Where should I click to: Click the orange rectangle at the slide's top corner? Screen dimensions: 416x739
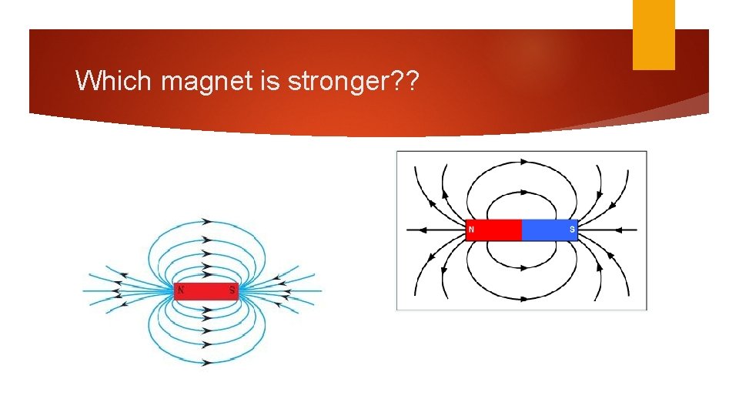tap(654, 35)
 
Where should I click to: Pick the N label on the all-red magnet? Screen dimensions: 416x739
tap(180, 290)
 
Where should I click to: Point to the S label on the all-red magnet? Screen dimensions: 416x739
tap(232, 290)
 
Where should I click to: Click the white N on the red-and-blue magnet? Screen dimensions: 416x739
tap(471, 230)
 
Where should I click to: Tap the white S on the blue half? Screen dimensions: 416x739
tap(572, 230)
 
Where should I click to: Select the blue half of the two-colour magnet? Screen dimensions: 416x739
tap(549, 230)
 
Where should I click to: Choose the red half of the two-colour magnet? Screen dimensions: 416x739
tap(494, 230)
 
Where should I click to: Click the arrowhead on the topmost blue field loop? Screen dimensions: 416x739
tap(207, 221)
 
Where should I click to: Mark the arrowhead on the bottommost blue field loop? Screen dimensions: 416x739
tap(207, 362)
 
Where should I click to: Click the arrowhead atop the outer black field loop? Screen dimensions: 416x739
tap(523, 163)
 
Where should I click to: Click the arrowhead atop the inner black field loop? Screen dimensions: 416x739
tap(523, 190)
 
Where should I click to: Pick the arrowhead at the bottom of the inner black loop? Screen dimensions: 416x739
tap(523, 268)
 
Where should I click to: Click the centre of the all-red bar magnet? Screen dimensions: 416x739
tap(206, 290)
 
